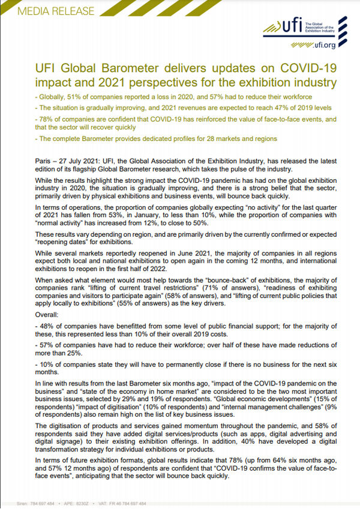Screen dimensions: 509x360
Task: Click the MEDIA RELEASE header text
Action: click(x=48, y=11)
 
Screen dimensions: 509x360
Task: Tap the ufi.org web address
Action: click(x=325, y=44)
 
